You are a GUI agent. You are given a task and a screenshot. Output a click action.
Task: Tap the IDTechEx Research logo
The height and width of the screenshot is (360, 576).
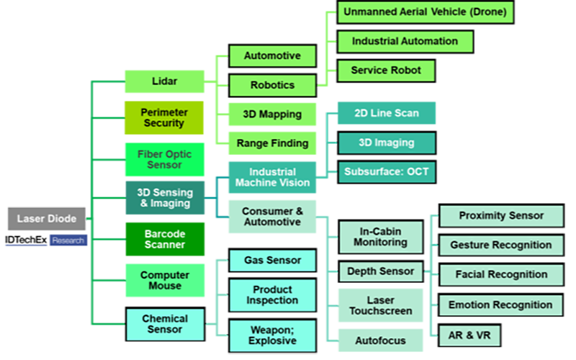coord(46,240)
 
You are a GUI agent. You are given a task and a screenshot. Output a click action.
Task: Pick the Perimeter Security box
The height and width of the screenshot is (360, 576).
coord(163,117)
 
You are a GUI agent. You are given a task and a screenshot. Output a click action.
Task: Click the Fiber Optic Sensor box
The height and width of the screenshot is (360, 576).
coord(164,159)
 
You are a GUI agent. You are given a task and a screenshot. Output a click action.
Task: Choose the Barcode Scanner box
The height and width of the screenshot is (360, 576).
coord(163,238)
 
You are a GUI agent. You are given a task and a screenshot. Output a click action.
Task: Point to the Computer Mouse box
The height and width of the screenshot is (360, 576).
coord(165,280)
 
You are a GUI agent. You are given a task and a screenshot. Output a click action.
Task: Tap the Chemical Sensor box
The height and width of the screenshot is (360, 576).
coord(165,323)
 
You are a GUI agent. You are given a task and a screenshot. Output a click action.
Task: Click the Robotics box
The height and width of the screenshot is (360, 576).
coord(272,85)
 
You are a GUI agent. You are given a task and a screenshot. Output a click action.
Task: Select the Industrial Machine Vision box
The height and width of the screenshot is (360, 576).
coord(271,177)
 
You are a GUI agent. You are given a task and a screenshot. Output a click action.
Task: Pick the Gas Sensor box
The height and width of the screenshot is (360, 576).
coord(272,260)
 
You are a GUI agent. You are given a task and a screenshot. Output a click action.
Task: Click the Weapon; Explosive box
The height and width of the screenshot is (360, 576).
coord(272,335)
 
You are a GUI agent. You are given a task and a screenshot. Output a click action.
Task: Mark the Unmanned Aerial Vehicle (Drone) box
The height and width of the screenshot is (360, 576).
coord(425,12)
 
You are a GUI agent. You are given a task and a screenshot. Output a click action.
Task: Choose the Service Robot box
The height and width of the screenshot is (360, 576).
coord(386,71)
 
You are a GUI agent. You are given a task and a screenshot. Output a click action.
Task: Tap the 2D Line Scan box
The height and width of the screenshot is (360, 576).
coord(386,113)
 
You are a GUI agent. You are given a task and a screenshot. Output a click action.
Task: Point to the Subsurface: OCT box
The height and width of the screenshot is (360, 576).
coord(386,172)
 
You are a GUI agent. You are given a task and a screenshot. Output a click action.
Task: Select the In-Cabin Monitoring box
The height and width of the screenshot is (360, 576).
coord(379,237)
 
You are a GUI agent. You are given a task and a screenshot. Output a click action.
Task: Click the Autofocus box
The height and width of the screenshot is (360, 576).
coord(380,340)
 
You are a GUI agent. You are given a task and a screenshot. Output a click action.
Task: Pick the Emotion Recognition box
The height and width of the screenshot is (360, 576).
coord(500,305)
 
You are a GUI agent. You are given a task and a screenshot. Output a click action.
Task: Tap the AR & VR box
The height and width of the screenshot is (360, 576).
coord(469,335)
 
